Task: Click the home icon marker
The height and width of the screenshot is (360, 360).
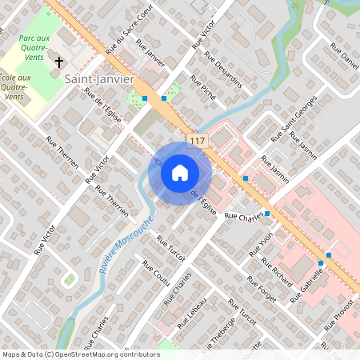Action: click(180, 172)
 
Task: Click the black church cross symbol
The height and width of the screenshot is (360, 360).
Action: click(58, 62)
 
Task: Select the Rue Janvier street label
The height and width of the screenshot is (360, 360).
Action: click(151, 53)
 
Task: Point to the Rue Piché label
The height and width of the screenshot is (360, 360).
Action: click(202, 89)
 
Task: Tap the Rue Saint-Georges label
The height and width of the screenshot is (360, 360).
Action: click(294, 118)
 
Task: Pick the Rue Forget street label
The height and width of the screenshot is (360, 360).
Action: click(261, 290)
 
